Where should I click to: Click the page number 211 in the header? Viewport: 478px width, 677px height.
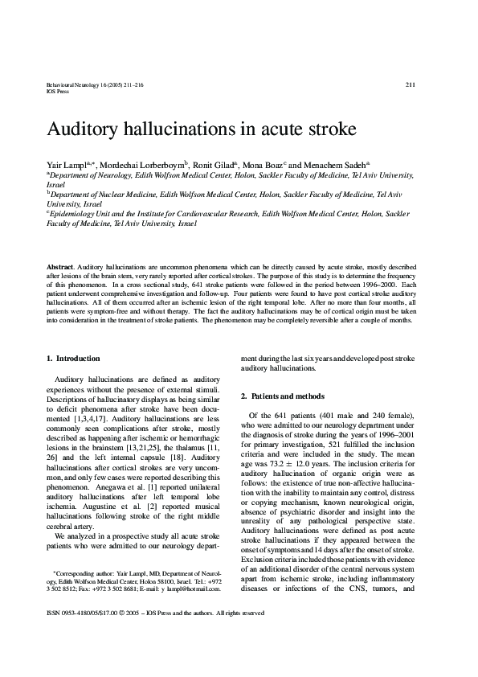click(x=410, y=84)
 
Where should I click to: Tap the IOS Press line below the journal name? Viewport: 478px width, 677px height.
click(x=58, y=91)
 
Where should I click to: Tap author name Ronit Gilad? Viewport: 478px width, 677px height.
click(x=212, y=163)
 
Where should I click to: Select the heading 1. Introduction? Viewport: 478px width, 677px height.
click(x=73, y=358)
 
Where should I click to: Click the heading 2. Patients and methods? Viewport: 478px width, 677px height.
click(x=283, y=396)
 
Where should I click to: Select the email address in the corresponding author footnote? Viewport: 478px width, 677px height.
click(x=194, y=634)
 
